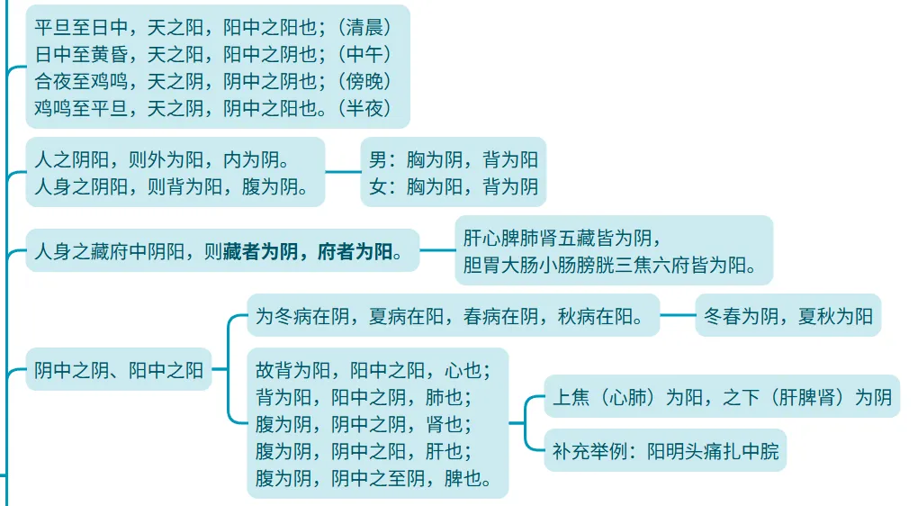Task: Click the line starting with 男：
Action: click(x=454, y=160)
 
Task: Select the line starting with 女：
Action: click(x=454, y=187)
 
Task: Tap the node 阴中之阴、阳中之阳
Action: click(x=119, y=369)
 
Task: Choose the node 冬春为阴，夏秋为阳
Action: click(x=787, y=316)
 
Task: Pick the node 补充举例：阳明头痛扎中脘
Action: click(x=665, y=451)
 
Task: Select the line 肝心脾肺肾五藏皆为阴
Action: click(x=562, y=239)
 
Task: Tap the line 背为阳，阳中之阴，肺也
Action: click(x=364, y=397)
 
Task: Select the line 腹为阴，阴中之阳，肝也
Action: click(x=364, y=451)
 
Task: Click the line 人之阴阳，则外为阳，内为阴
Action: click(x=161, y=160)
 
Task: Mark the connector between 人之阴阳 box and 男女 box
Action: click(x=342, y=171)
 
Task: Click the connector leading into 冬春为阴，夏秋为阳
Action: click(x=678, y=315)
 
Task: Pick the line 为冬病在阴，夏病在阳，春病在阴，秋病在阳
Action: click(x=449, y=316)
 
